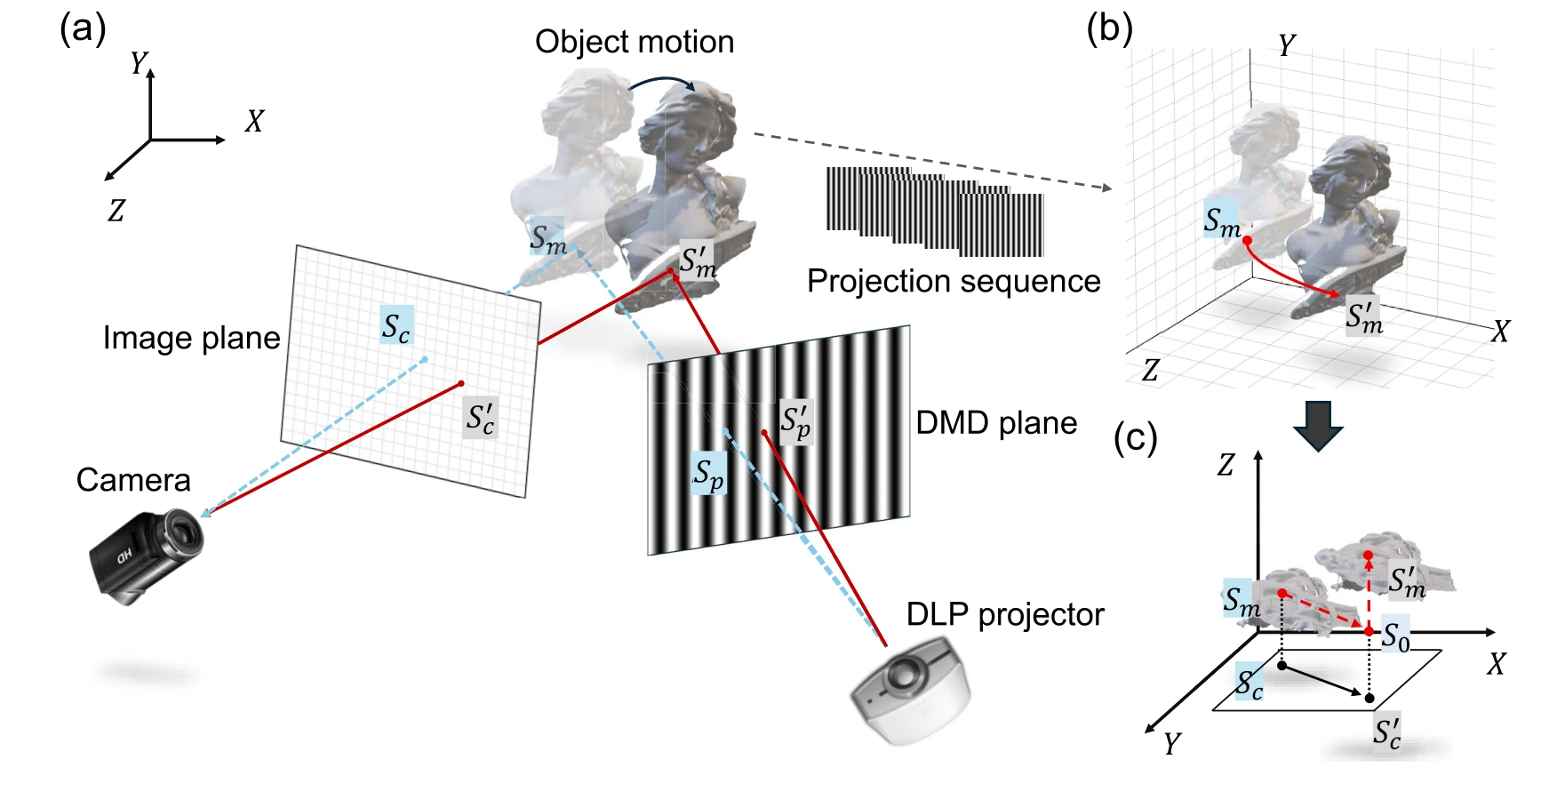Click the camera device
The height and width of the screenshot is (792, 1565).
tap(148, 556)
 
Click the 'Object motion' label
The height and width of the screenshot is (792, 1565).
tap(635, 42)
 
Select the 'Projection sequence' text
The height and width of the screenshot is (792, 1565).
tap(954, 281)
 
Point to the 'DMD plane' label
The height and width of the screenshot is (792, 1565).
tap(996, 423)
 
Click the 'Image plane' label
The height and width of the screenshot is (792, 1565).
tap(191, 338)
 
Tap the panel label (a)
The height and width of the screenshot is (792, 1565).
tap(83, 29)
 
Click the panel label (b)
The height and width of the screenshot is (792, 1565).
tap(1109, 29)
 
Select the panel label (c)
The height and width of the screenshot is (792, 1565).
tap(1136, 438)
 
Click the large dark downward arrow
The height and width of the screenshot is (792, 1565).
tap(1318, 426)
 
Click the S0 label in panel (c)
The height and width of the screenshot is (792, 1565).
tap(1395, 636)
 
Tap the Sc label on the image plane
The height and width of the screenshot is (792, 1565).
tap(396, 326)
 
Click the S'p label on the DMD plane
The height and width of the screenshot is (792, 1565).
tap(795, 421)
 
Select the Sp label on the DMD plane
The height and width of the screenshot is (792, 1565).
tap(709, 474)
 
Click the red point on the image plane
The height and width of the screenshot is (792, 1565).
tap(461, 384)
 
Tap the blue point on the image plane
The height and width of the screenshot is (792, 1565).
tap(425, 359)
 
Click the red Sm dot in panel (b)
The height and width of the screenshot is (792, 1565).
tap(1247, 241)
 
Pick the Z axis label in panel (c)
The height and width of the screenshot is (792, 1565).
tap(1226, 465)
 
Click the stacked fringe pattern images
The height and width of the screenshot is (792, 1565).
tap(935, 212)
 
